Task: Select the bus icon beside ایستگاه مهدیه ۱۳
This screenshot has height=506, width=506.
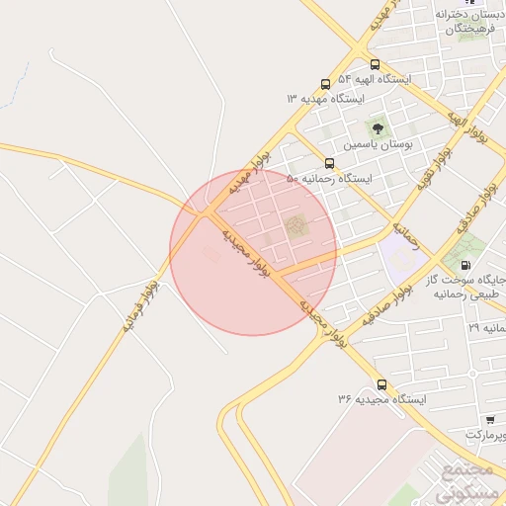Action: point(326,85)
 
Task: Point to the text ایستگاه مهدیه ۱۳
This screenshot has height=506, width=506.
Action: point(325,100)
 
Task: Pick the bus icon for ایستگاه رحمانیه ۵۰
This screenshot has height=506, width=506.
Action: point(329,164)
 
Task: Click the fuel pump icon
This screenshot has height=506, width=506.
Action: point(464,266)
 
